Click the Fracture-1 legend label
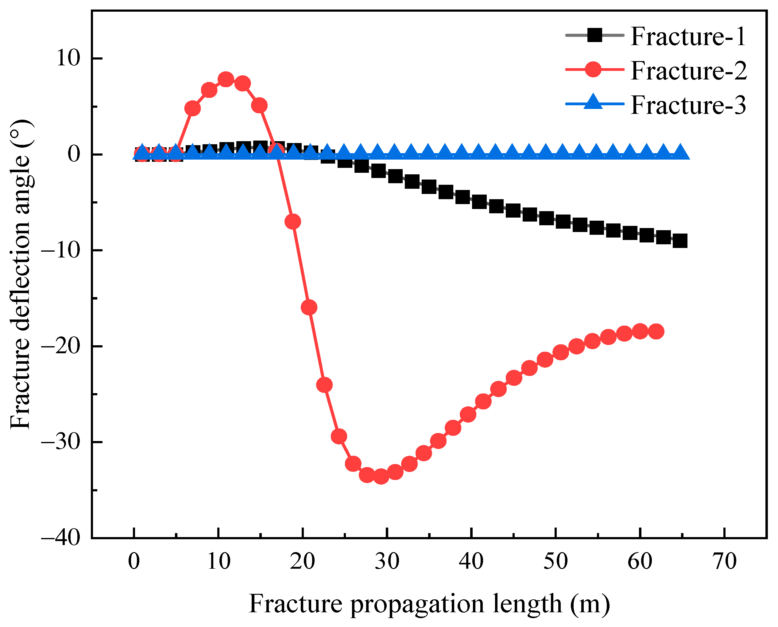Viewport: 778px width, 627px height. (688, 37)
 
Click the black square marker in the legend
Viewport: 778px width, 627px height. (594, 35)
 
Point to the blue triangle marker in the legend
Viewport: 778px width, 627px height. (594, 103)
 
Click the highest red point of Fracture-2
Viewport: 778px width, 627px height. (226, 79)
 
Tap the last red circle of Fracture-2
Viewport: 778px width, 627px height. (656, 331)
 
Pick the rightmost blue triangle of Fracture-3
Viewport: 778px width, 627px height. (680, 153)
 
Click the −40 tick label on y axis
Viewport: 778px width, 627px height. (60, 538)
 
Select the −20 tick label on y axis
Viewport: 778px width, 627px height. (60, 346)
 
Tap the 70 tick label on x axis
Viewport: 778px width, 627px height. (725, 562)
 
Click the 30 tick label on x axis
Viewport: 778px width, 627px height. (387, 562)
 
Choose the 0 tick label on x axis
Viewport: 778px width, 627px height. (134, 562)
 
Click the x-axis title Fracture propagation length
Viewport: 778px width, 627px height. (429, 604)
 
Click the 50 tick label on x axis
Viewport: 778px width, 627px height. (556, 562)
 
